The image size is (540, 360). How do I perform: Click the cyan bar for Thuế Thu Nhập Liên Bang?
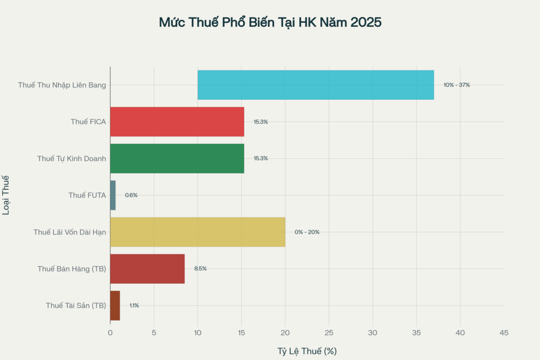click(315, 85)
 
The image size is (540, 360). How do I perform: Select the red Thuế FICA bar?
click(177, 122)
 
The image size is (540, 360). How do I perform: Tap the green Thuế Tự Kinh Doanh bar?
click(177, 158)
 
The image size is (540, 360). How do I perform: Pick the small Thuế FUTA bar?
click(113, 195)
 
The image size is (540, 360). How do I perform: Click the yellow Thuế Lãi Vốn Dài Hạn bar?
click(198, 232)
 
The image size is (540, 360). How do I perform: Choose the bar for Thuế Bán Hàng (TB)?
click(148, 269)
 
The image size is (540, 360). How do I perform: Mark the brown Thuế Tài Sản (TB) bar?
click(115, 306)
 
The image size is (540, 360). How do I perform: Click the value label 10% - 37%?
click(456, 85)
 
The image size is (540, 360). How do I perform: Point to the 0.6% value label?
click(131, 195)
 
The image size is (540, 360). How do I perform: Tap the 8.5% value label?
click(200, 269)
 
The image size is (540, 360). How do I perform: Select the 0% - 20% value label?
click(307, 232)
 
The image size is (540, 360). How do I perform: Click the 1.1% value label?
click(134, 306)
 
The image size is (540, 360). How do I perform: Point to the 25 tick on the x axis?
click(329, 333)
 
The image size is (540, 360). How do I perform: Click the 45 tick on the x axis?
click(504, 333)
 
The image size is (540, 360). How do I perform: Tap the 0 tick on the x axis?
click(110, 333)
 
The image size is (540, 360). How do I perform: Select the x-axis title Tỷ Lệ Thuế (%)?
click(307, 351)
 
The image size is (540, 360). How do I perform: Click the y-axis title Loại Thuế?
click(7, 195)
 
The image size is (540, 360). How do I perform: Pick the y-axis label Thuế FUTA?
click(87, 195)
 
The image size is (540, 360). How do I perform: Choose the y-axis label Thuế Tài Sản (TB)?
click(76, 306)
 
